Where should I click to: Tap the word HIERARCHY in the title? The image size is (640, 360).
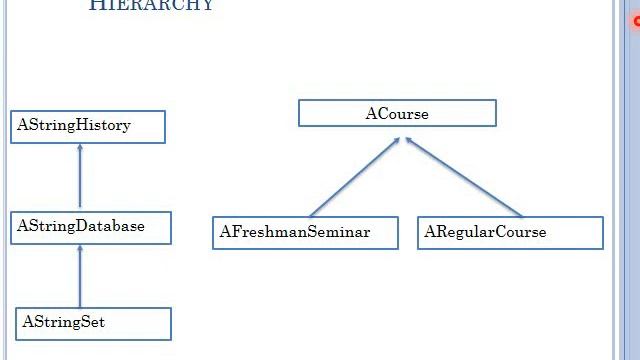151,5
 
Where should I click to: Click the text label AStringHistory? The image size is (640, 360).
74,126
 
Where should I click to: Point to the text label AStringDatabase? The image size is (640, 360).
81,226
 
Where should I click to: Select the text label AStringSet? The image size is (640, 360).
63,323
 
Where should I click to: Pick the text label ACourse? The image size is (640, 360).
397,114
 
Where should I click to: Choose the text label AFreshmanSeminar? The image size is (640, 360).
295,232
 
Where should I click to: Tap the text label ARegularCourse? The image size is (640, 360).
486,232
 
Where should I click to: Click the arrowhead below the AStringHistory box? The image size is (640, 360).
80,148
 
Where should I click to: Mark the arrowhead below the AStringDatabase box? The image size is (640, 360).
80,248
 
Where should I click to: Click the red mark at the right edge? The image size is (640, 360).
637,21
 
